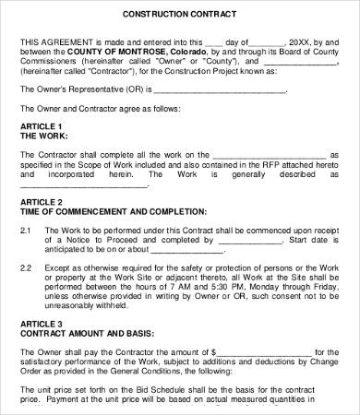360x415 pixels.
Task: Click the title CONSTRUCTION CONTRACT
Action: pos(179,16)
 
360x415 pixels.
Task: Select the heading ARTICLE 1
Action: pos(41,125)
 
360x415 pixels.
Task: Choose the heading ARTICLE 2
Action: pos(41,201)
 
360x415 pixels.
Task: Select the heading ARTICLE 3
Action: pos(41,323)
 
